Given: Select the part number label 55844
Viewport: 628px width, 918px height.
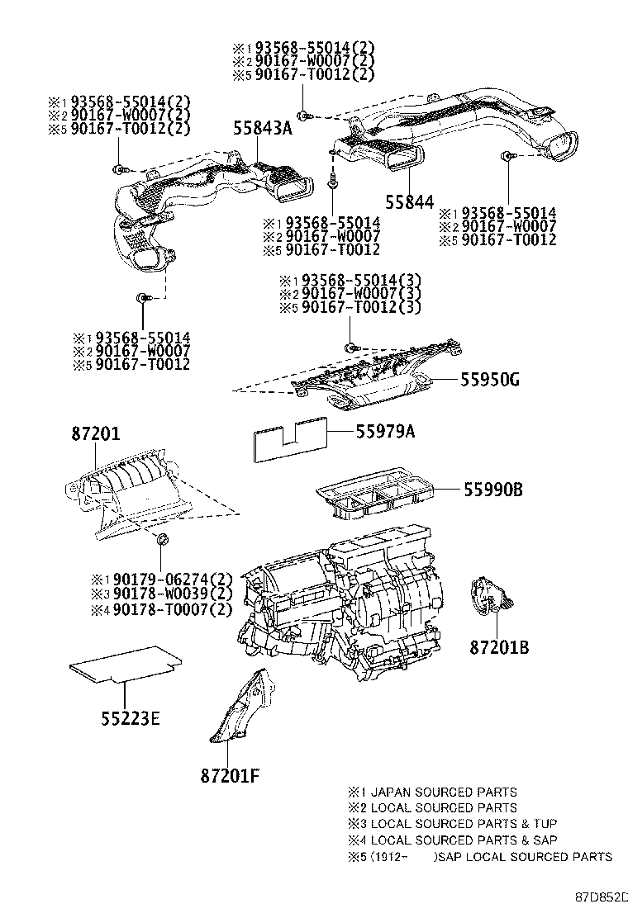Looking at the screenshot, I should click(x=409, y=201).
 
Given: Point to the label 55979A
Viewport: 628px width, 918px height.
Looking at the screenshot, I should click(x=385, y=432).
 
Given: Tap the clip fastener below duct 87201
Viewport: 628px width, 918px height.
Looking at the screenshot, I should click(x=163, y=541).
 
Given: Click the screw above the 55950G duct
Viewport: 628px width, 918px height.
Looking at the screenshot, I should click(x=350, y=344).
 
